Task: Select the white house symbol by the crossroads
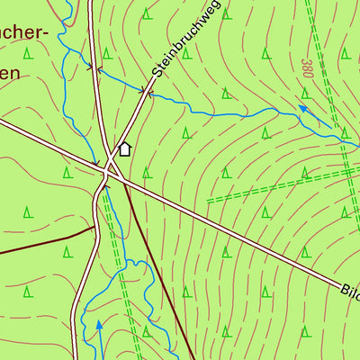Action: [x=125, y=148]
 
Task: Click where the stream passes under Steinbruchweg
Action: [x=144, y=89]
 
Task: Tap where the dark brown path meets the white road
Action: [x=94, y=228]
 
